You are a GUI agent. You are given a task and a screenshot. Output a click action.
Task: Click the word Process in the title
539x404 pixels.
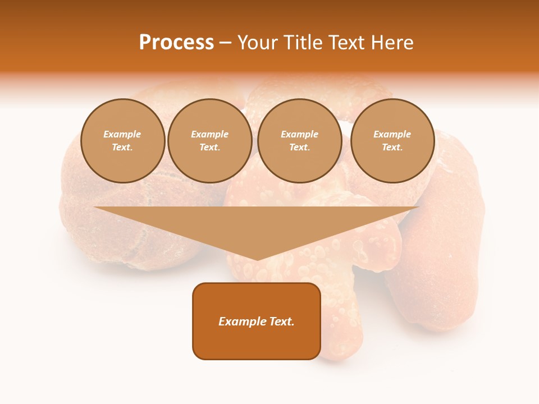176,42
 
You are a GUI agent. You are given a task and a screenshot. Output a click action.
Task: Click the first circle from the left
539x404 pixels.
122,141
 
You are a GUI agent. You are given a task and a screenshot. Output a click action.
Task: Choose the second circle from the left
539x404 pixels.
209,141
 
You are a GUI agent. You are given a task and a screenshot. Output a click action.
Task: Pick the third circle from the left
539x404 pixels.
299,141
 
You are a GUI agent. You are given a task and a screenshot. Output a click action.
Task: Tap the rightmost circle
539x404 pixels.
392,141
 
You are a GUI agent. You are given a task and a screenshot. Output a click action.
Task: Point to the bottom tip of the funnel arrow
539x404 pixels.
257,259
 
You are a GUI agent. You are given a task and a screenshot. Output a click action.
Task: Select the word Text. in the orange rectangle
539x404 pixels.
282,322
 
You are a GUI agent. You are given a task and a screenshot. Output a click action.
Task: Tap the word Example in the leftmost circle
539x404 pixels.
122,134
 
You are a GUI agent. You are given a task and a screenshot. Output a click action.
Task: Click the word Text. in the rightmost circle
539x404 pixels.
392,148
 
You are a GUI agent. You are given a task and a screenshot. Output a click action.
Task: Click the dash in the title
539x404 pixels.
226,42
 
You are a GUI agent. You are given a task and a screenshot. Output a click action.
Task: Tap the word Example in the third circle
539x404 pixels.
299,134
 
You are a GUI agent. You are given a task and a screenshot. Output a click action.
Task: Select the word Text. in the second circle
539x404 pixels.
209,148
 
